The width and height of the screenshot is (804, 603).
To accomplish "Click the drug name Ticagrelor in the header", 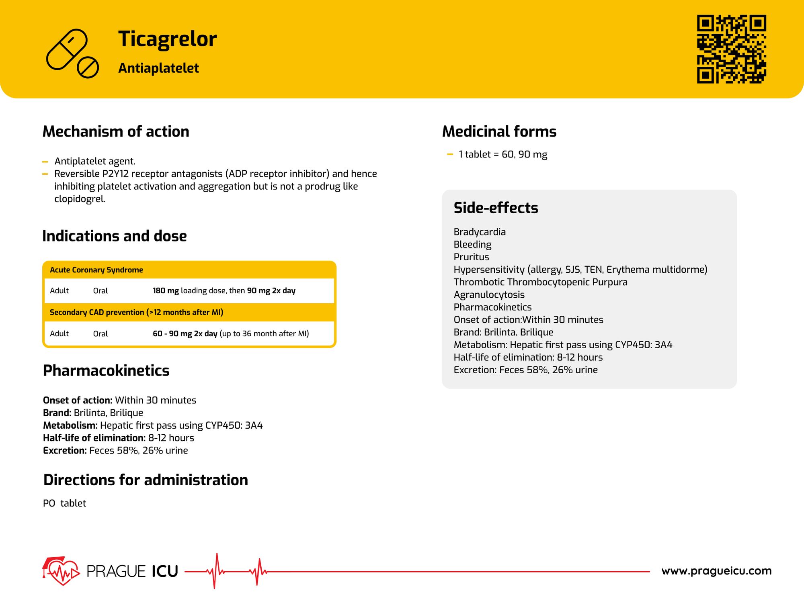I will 167,39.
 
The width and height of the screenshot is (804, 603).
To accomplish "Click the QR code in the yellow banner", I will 731,49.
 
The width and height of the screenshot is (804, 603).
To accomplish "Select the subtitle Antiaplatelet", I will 158,68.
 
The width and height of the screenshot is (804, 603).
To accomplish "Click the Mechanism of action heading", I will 116,131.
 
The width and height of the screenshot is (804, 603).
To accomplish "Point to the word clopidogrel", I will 80,199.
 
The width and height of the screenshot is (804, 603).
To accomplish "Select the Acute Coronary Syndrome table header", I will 96,270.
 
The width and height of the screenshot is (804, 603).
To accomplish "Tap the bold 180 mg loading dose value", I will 166,290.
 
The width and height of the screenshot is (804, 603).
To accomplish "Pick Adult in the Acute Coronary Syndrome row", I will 59,290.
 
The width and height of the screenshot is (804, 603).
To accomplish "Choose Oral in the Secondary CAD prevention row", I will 100,333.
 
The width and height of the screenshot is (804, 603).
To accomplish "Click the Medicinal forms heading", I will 499,131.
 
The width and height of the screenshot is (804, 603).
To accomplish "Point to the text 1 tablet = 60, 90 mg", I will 503,154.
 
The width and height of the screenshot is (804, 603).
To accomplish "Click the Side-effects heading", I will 496,208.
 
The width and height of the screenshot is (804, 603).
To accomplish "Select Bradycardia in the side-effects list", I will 480,232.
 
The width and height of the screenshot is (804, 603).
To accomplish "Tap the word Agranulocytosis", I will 489,294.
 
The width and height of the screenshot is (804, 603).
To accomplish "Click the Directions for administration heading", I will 146,480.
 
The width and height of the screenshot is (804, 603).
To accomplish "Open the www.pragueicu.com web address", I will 716,571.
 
